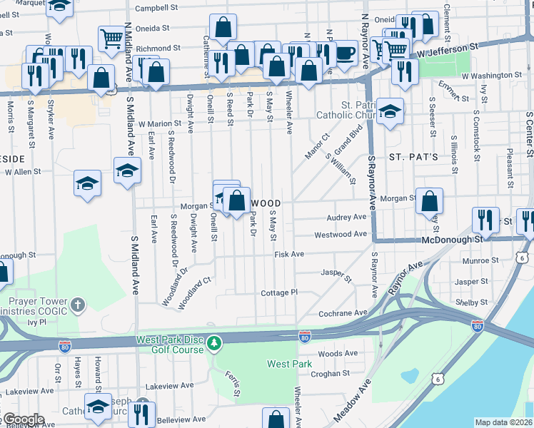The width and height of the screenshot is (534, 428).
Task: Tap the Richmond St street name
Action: pyautogui.click(x=156, y=49)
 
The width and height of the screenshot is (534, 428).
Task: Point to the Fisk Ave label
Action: pyautogui.click(x=289, y=254)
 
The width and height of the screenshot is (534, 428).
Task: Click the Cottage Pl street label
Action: pyautogui.click(x=278, y=292)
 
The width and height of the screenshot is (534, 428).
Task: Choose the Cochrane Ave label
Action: pyautogui.click(x=343, y=312)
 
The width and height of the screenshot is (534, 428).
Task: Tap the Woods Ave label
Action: pyautogui.click(x=338, y=354)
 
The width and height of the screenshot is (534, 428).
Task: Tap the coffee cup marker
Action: pyautogui.click(x=346, y=51)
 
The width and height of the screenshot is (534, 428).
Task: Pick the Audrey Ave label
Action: pyautogui.click(x=346, y=217)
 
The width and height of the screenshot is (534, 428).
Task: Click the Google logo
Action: pyautogui.click(x=23, y=419)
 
